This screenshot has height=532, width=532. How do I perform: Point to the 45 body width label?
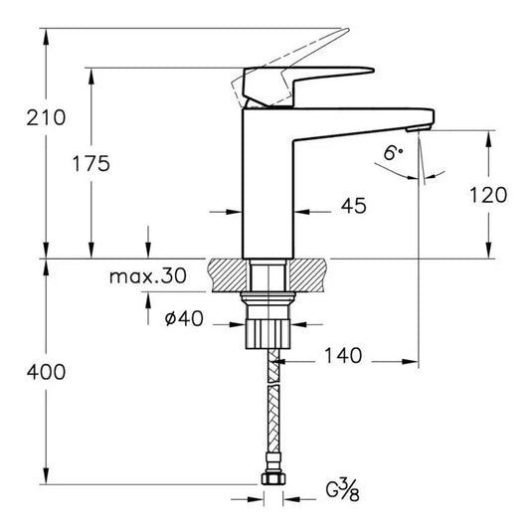pyautogui.click(x=353, y=206)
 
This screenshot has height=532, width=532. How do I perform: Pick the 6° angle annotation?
pyautogui.click(x=394, y=153)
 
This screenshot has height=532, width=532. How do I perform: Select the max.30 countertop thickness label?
pyautogui.click(x=147, y=277)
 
